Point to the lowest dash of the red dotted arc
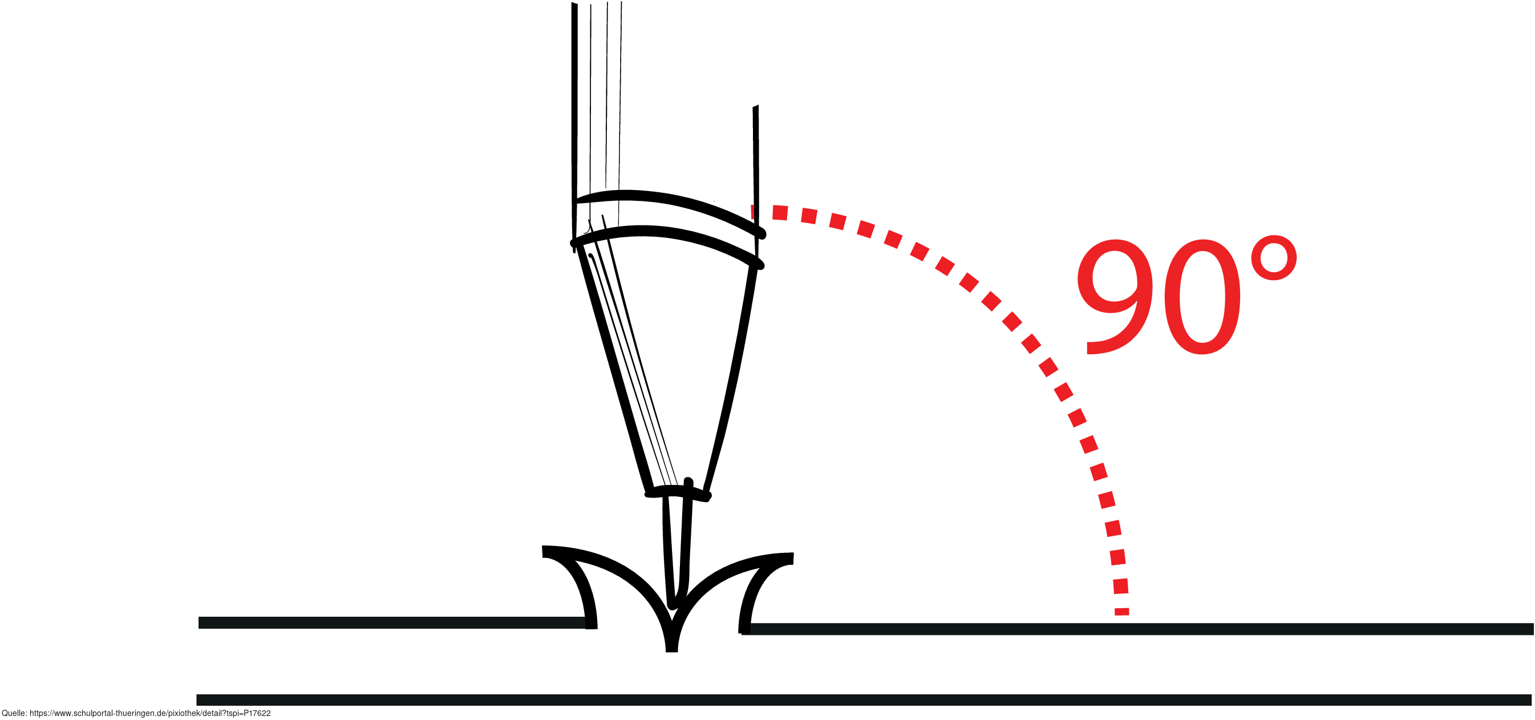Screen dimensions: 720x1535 (x=1121, y=612)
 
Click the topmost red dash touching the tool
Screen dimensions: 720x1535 (x=755, y=212)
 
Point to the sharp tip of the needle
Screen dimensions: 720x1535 (x=673, y=605)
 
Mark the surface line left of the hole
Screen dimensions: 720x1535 (x=387, y=623)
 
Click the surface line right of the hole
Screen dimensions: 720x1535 (x=1132, y=629)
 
